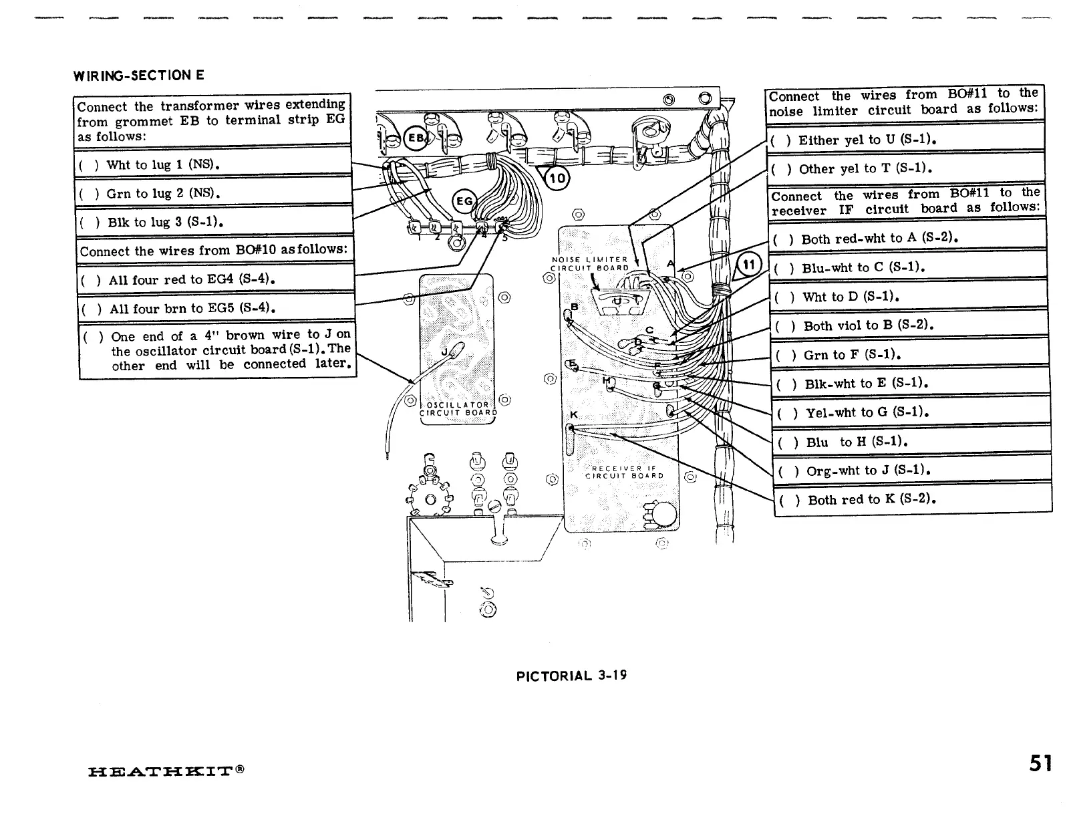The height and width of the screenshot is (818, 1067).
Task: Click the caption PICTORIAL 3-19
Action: click(x=571, y=675)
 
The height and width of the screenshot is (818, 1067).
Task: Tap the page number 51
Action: click(x=1041, y=763)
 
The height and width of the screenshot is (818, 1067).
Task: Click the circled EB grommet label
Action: click(x=415, y=139)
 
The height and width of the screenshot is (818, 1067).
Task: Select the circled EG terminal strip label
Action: click(x=463, y=200)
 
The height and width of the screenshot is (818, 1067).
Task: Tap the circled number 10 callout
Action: click(x=557, y=178)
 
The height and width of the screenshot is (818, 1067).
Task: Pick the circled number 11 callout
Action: click(x=748, y=265)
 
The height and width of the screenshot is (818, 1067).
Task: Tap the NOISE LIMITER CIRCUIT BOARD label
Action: click(x=589, y=263)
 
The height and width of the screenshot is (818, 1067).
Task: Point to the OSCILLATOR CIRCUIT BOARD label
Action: click(x=458, y=408)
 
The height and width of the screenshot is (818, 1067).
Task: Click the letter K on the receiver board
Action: click(x=573, y=414)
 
